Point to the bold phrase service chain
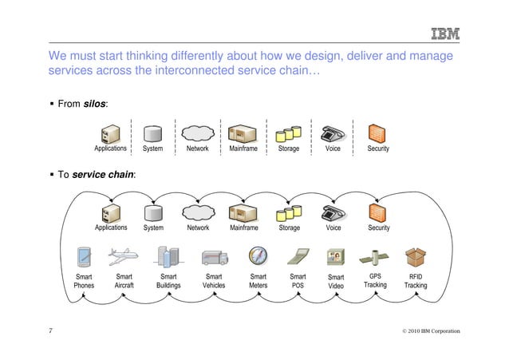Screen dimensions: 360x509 click(104, 174)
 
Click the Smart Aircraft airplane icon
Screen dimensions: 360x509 click(124, 257)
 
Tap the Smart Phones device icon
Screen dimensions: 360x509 click(84, 257)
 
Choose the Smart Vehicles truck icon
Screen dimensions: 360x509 click(214, 258)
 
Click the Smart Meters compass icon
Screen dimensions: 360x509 click(258, 256)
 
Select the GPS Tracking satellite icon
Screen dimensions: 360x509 click(375, 257)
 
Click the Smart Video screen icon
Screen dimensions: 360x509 click(336, 257)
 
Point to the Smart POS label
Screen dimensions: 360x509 click(298, 280)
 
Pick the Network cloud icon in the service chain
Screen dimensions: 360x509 click(197, 213)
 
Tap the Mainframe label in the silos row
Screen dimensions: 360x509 click(243, 148)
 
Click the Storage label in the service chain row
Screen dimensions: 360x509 click(290, 228)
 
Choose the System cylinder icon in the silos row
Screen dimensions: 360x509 click(152, 133)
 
